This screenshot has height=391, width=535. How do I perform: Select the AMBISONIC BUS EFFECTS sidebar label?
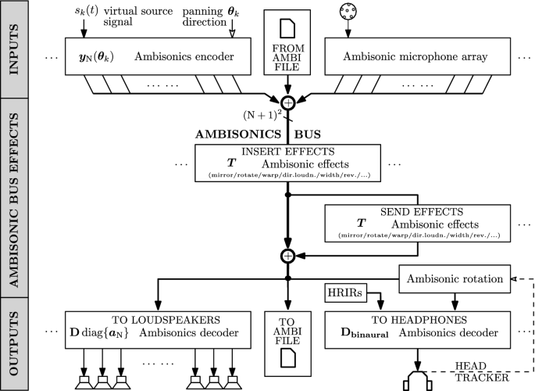[x=16, y=198]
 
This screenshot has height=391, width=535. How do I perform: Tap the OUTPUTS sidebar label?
[x=16, y=342]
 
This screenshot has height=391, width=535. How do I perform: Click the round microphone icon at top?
[x=348, y=14]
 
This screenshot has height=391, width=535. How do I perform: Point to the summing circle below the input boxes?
[x=289, y=102]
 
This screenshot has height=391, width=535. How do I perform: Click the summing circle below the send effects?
[x=289, y=256]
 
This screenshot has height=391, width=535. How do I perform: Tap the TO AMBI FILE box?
[x=289, y=340]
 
